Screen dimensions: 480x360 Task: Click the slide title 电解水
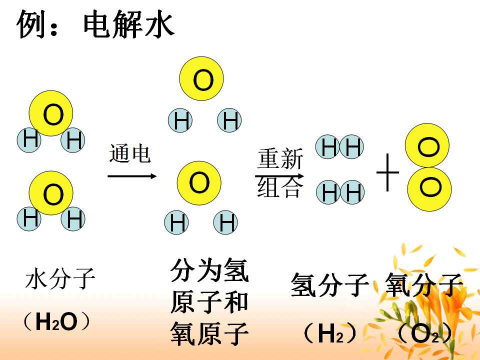(x=128, y=24)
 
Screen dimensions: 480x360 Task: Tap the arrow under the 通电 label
(x=132, y=176)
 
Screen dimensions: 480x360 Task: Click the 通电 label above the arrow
(x=130, y=153)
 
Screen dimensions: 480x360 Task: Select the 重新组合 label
(x=280, y=172)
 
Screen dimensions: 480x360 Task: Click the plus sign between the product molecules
(x=387, y=172)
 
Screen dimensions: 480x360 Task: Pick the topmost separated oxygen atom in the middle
(x=201, y=78)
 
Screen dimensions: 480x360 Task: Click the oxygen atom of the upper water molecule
(x=51, y=113)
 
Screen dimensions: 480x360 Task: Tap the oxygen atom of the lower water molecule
(x=51, y=193)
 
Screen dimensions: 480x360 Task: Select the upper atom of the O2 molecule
(x=427, y=145)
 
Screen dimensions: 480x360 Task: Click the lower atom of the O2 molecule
(x=429, y=189)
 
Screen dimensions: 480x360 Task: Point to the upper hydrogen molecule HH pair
(x=340, y=146)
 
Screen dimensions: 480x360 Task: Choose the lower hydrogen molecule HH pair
(x=340, y=192)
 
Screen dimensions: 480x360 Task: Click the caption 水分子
(x=60, y=278)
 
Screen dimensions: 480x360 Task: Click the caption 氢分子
(x=329, y=284)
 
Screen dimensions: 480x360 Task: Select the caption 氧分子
(x=423, y=284)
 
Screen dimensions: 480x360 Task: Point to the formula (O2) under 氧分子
(x=425, y=333)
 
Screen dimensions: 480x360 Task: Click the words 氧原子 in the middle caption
(x=209, y=333)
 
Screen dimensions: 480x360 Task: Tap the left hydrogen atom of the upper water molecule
(x=29, y=140)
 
